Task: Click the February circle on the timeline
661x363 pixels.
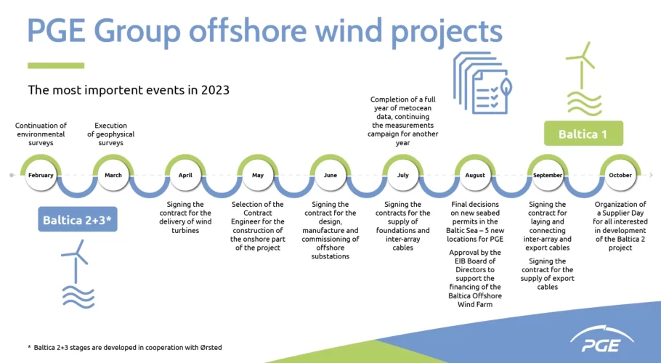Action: [41, 175]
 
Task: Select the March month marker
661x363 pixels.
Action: [113, 175]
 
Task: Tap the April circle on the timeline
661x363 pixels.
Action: [185, 175]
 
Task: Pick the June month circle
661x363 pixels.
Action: [330, 175]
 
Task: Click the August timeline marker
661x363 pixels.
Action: [475, 175]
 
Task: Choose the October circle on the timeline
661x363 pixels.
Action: [620, 175]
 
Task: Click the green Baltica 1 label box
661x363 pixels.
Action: [583, 134]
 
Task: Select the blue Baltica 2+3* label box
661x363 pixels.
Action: [78, 219]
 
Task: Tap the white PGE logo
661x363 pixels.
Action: [601, 340]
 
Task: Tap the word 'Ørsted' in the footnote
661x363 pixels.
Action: [211, 348]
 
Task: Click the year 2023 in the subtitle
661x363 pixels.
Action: [215, 90]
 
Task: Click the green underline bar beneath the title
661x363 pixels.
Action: [56, 65]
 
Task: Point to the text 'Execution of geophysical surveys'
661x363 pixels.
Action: [111, 134]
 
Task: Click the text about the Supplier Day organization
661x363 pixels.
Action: [620, 226]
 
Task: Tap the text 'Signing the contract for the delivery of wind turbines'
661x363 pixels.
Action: [185, 217]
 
